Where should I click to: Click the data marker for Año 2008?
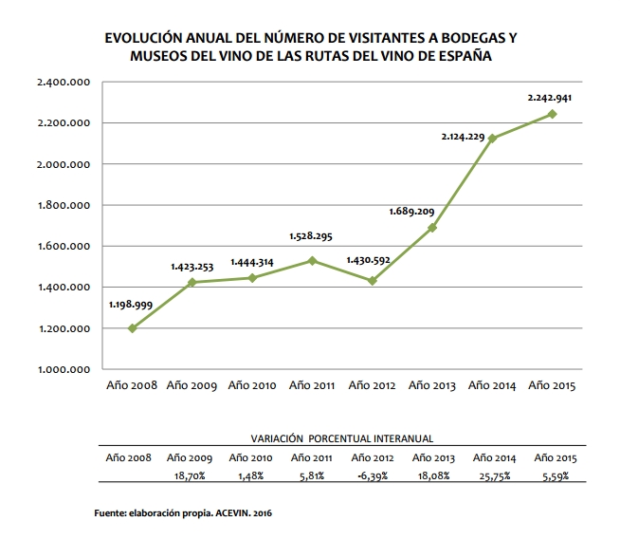(x=132, y=328)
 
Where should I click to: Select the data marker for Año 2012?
(x=373, y=281)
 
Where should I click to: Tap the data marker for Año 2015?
(x=553, y=114)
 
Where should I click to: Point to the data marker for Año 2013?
(x=432, y=228)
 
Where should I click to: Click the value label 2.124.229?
(x=463, y=138)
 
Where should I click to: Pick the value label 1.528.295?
(x=311, y=236)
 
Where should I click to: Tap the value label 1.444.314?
(x=251, y=258)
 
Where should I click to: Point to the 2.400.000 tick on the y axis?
(x=64, y=83)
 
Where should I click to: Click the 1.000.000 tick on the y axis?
(x=64, y=369)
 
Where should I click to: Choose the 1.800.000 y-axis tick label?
(x=64, y=205)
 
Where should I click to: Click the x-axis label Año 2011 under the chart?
(x=312, y=385)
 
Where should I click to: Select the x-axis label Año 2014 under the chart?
(x=492, y=385)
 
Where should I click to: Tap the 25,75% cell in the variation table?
(x=492, y=475)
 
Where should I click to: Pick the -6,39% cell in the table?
(x=373, y=475)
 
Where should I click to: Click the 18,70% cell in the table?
(x=191, y=475)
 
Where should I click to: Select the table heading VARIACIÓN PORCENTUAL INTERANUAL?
(x=341, y=439)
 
